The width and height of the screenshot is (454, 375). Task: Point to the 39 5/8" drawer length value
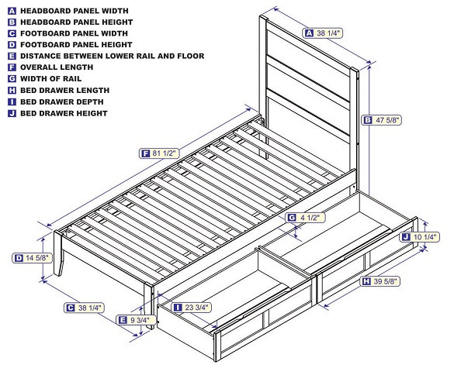pos(386,281)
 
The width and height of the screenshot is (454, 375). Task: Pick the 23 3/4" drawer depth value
pos(196,308)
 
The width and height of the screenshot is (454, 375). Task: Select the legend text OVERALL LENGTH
pos(56,67)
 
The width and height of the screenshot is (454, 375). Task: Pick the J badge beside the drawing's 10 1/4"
pos(406,237)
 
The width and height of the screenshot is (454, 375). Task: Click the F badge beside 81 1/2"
pos(145,153)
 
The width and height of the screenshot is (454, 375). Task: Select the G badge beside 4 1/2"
pos(291,218)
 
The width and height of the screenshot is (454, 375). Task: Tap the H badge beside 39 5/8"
pos(366,281)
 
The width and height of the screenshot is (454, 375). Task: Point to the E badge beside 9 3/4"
pos(122,319)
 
